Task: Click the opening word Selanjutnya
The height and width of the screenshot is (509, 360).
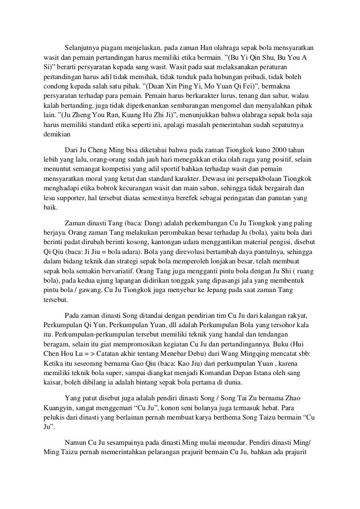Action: click(x=82, y=47)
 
